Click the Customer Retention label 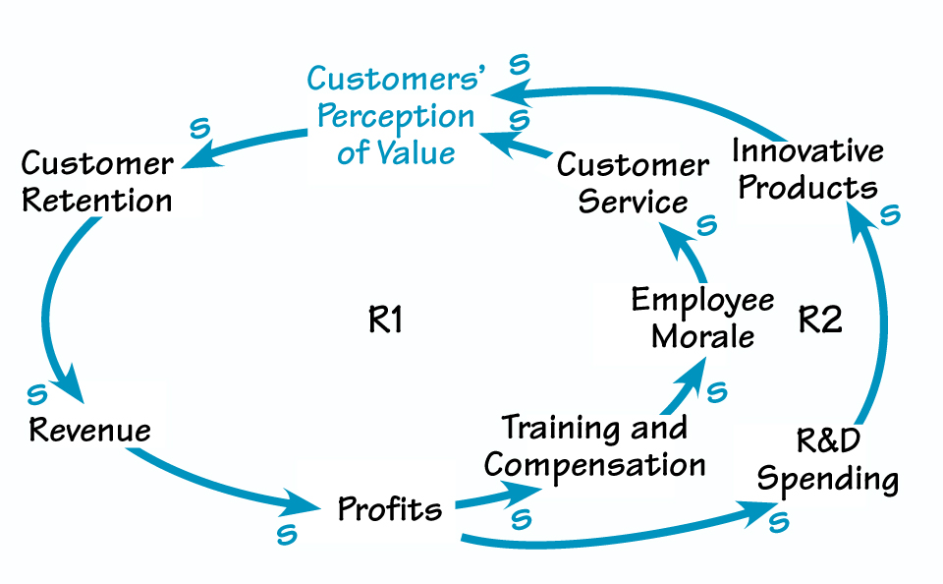click(97, 182)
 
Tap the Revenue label click(90, 430)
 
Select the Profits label click(390, 509)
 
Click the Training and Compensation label click(595, 445)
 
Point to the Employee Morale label click(702, 318)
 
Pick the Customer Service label click(633, 183)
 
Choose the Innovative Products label click(807, 168)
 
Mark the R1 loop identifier click(386, 321)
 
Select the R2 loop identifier click(820, 321)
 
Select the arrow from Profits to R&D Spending click(609, 536)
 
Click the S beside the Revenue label click(36, 394)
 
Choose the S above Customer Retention click(199, 127)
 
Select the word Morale click(703, 336)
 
